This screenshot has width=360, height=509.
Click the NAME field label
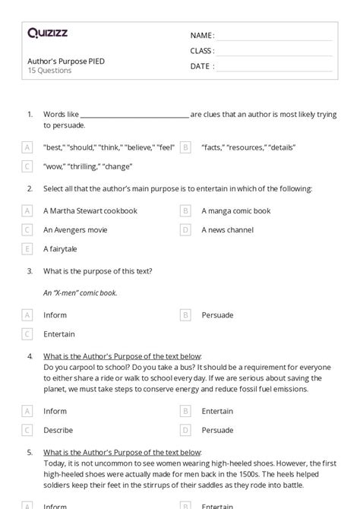(201, 36)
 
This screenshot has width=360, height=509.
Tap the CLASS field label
(202, 51)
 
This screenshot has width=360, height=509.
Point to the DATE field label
(201, 66)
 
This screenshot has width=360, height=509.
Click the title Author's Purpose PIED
(65, 60)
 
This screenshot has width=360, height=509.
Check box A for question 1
(27, 147)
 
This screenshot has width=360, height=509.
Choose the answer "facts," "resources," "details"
(248, 147)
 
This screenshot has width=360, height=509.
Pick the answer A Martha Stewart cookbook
(90, 211)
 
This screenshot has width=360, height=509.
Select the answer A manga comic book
(236, 211)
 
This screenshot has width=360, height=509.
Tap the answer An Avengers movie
(80, 229)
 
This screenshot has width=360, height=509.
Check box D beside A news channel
(185, 229)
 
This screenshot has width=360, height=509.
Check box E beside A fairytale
(27, 248)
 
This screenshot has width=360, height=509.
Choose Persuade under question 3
(217, 315)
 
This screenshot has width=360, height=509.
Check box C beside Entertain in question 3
(27, 334)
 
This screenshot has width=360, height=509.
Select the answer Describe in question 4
(58, 430)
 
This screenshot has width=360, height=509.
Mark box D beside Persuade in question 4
(185, 430)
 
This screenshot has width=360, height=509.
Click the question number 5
(30, 452)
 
